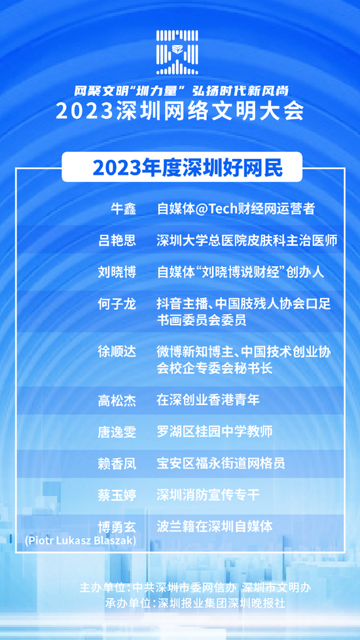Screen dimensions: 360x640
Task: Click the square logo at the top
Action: pyautogui.click(x=177, y=52)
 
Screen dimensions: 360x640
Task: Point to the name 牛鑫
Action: pyautogui.click(x=124, y=209)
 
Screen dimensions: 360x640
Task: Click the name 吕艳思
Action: pyautogui.click(x=117, y=240)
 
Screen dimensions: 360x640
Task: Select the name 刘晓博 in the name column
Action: pyautogui.click(x=117, y=272)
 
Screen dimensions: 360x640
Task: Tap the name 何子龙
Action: pyautogui.click(x=117, y=304)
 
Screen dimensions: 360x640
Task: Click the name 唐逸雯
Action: pyautogui.click(x=117, y=432)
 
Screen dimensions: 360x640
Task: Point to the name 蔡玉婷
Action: pyautogui.click(x=117, y=495)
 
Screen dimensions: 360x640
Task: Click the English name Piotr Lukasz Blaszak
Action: pyautogui.click(x=81, y=541)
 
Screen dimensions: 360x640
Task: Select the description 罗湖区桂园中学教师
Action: pyautogui.click(x=214, y=431)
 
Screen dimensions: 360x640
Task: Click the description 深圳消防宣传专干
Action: pyautogui.click(x=207, y=495)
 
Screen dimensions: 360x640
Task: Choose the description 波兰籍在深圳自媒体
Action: pyautogui.click(x=214, y=527)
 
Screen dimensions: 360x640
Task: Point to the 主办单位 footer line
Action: pyautogui.click(x=196, y=588)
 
